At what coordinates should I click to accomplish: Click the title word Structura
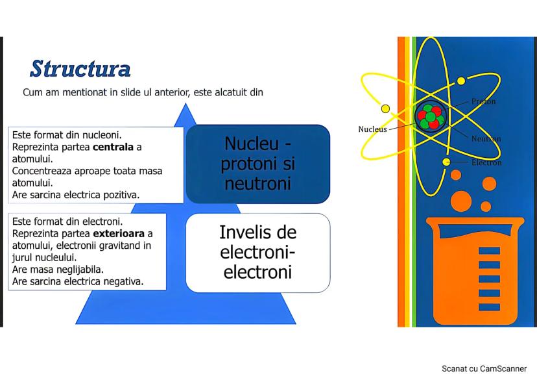coord(80,68)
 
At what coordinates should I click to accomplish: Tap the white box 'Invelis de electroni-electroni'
coord(258,252)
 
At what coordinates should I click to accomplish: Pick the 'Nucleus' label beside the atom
coord(372,129)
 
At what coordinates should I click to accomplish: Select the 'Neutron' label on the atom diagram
coord(486,138)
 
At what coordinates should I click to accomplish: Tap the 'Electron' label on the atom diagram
coord(486,162)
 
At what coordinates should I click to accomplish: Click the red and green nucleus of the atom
coord(431,116)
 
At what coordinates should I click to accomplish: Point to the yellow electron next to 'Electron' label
coord(446,162)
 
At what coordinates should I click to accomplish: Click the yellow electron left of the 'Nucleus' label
coord(385,108)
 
